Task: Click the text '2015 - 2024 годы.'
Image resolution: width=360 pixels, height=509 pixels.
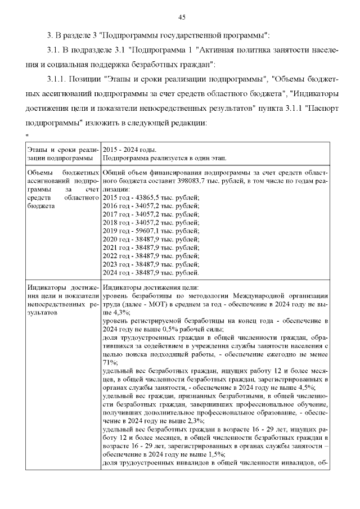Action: pyautogui.click(x=129, y=150)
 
